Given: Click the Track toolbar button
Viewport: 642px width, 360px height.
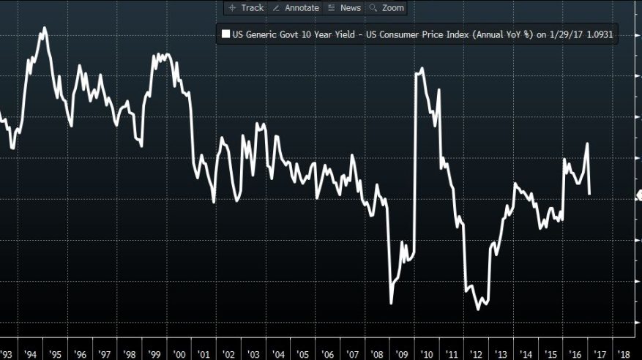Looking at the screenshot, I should pyautogui.click(x=246, y=8).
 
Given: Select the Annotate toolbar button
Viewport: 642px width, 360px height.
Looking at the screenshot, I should pyautogui.click(x=295, y=8).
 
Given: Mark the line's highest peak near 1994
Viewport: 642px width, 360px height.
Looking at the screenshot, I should pyautogui.click(x=45, y=28).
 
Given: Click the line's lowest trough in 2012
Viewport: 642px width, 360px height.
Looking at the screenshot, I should pyautogui.click(x=479, y=309).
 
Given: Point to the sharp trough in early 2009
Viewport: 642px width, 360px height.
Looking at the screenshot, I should pyautogui.click(x=392, y=303).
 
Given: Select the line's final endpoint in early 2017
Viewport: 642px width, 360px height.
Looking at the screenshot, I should pyautogui.click(x=590, y=194).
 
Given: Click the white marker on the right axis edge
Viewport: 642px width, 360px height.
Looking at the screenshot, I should pyautogui.click(x=638, y=195).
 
